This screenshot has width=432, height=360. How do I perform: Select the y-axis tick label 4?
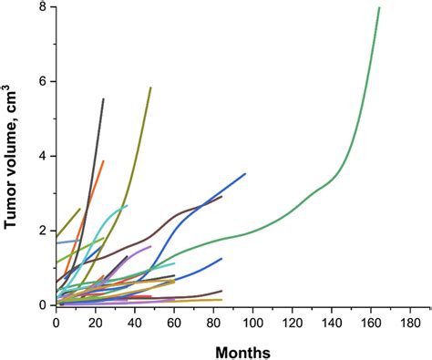click(x=42, y=156)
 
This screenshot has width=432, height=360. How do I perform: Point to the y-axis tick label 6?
click(x=42, y=81)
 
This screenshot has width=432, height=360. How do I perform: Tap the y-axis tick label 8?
click(x=42, y=7)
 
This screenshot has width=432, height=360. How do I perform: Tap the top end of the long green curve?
click(x=379, y=7)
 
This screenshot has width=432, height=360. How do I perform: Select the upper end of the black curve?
click(x=104, y=98)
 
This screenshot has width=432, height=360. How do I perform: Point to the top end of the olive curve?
click(x=150, y=87)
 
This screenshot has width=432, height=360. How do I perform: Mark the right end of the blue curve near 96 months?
click(x=245, y=173)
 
